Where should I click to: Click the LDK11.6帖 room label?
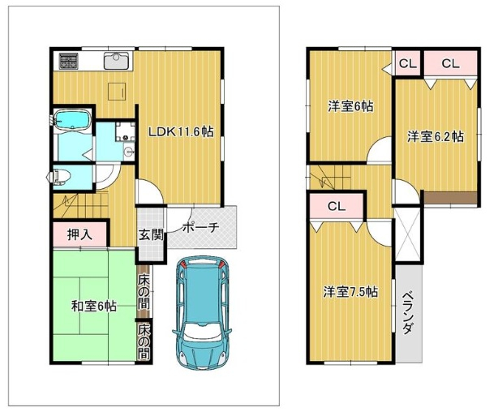click(x=181, y=131)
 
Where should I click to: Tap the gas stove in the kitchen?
click(x=69, y=62)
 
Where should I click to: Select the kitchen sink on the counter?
click(x=116, y=60)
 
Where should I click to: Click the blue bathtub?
click(x=73, y=120)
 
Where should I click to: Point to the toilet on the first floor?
click(x=58, y=177)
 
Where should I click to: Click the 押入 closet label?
click(x=79, y=234)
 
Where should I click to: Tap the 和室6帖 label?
click(x=94, y=307)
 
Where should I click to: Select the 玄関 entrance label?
click(x=151, y=235)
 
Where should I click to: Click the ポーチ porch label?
click(x=200, y=227)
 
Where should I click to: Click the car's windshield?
click(x=202, y=331)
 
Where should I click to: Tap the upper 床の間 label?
click(x=144, y=290)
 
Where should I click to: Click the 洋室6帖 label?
click(x=350, y=106)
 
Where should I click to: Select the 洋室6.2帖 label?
click(x=436, y=136)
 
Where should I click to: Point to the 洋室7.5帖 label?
click(x=350, y=291)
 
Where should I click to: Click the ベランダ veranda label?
click(x=409, y=312)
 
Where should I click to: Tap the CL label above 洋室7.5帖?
click(x=337, y=207)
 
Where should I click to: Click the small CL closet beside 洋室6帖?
click(x=407, y=64)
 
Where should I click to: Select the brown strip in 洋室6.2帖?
click(x=451, y=198)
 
